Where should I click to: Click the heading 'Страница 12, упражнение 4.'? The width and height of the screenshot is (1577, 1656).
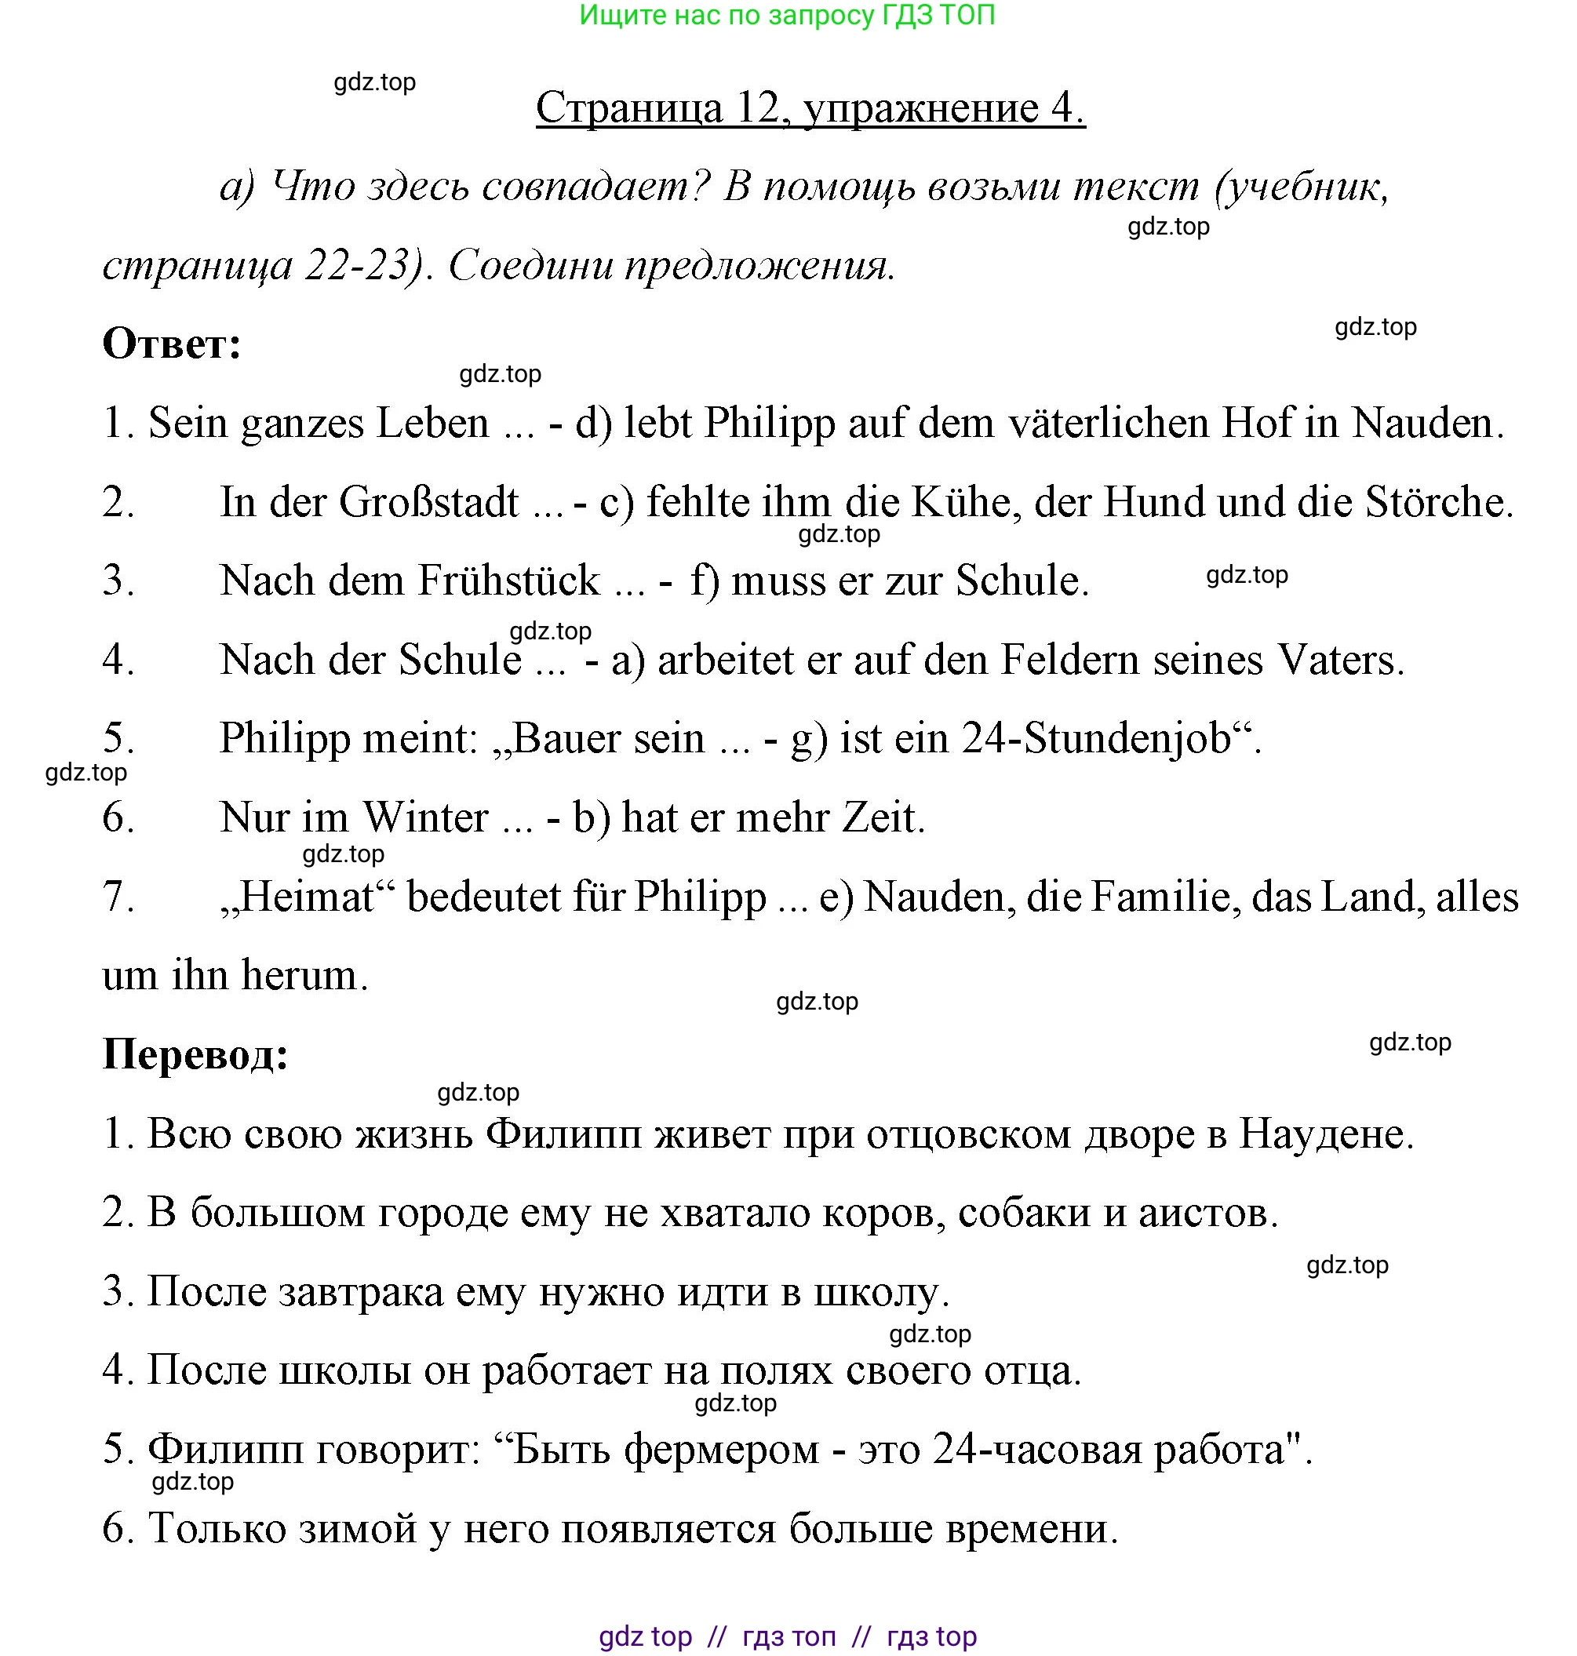810,107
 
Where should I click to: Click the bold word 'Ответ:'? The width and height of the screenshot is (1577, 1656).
172,344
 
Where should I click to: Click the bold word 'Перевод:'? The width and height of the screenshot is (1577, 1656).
195,1054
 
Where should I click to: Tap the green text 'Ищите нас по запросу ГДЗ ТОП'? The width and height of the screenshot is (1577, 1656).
787,15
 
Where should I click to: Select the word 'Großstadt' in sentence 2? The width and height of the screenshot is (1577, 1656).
428,503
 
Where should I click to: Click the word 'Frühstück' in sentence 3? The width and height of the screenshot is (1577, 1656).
508,581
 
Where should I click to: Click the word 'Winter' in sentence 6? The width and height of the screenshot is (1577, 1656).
424,818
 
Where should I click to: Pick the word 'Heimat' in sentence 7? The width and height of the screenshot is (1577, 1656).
307,897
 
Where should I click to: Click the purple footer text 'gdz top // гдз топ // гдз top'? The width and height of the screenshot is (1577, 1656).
787,1636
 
